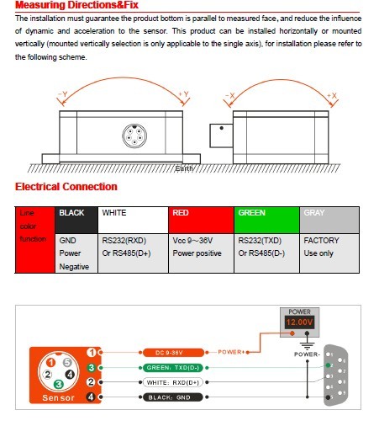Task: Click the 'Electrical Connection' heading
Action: (66, 187)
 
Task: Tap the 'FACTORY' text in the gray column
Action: (321, 239)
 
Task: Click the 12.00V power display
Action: (299, 322)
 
